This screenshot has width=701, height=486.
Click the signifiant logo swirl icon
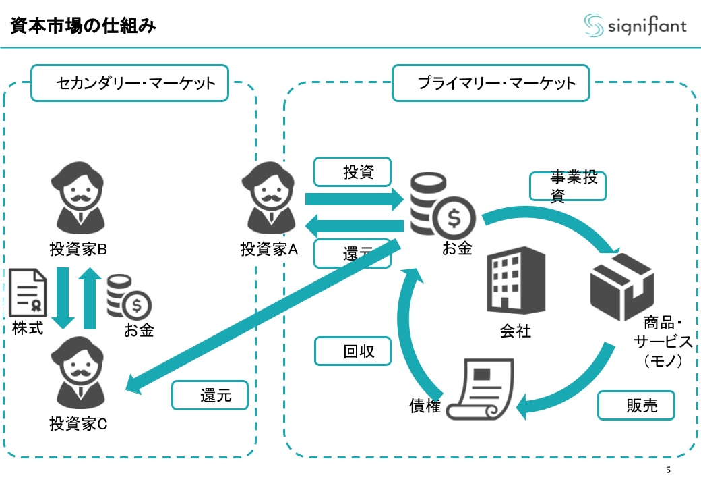[593, 25]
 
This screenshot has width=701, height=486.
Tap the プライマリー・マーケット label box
[491, 83]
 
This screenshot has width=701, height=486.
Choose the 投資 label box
[353, 172]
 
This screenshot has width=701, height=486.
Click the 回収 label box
[353, 351]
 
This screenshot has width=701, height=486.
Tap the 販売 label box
[636, 405]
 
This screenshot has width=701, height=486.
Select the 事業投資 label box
[568, 186]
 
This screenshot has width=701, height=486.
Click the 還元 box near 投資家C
[210, 396]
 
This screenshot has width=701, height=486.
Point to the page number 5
[668, 470]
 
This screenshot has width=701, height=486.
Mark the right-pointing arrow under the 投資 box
[354, 199]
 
